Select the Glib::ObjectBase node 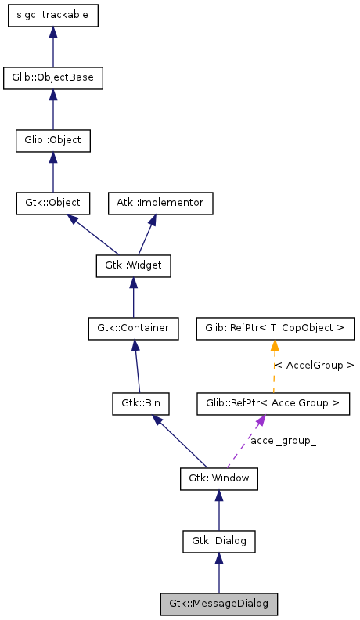(52, 78)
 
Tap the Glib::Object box (52, 141)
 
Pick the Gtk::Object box (52, 203)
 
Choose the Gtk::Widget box (133, 265)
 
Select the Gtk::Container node (133, 328)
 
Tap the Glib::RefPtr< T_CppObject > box (275, 328)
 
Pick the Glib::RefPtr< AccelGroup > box (272, 404)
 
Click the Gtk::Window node (218, 478)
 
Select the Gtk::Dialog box (218, 540)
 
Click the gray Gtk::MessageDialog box (218, 604)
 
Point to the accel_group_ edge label (283, 442)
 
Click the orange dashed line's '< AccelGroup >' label (314, 366)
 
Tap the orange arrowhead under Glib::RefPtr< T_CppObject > (275, 345)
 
